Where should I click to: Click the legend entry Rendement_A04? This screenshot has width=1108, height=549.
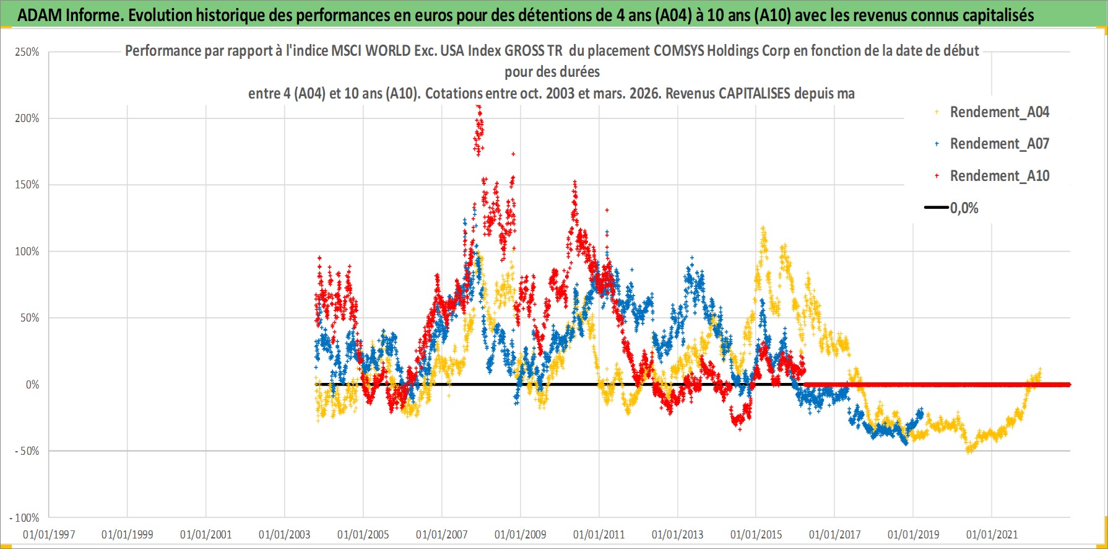point(999,112)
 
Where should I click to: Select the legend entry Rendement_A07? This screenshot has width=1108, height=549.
point(999,144)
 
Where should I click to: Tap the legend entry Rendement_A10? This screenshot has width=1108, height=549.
point(999,176)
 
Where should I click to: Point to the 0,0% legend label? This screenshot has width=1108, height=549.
point(964,208)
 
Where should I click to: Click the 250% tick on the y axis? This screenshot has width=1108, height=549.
point(27,52)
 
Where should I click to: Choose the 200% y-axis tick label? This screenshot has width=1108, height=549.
point(27,118)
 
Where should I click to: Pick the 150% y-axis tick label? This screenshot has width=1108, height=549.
point(27,185)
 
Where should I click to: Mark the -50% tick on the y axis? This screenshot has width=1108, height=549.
point(27,451)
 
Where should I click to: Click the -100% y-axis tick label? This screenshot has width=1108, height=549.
point(25,518)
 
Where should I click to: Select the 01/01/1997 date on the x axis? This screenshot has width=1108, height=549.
point(49,534)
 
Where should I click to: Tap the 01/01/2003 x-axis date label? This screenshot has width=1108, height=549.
point(285,534)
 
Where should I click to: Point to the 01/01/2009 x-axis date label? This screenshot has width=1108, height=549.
point(521,534)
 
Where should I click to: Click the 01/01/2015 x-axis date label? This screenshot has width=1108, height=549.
point(756,534)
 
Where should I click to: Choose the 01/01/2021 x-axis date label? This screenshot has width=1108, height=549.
point(992,534)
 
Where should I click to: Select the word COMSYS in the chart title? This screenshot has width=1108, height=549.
point(680,51)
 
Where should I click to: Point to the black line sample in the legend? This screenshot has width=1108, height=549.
point(936,208)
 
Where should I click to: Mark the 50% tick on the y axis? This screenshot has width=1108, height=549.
point(30,318)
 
